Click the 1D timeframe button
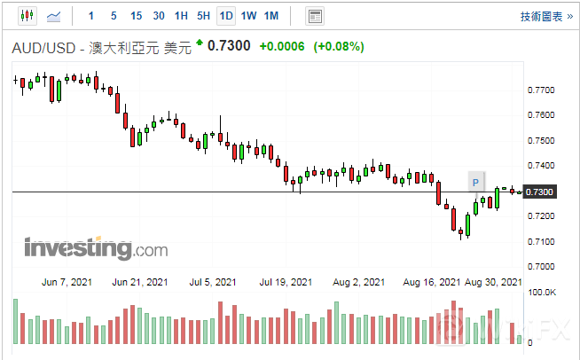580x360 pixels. (226, 16)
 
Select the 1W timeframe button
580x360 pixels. (249, 16)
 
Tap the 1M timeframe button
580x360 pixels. (271, 16)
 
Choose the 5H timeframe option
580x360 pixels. (203, 16)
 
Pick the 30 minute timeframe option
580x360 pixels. (158, 16)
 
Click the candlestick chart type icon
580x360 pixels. (26, 16)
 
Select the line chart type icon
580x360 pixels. (53, 16)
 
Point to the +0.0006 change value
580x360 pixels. (282, 46)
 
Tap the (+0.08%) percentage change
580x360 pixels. (339, 46)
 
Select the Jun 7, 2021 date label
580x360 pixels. (67, 282)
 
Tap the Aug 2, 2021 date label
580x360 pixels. (360, 282)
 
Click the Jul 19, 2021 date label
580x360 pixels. (286, 282)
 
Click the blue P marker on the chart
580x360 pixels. (475, 183)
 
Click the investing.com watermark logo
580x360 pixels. (96, 248)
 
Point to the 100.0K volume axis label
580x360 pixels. (543, 292)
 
